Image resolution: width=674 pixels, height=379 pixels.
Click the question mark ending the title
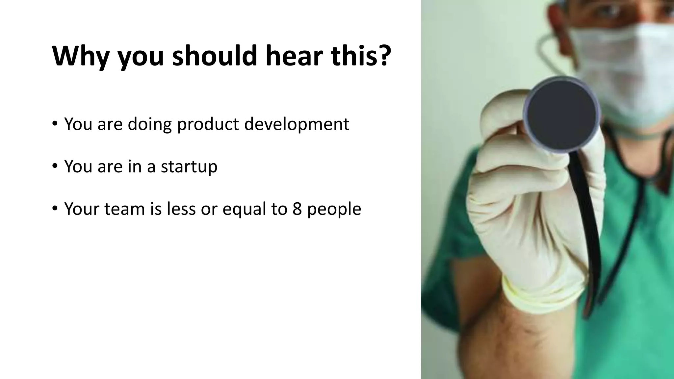tap(382, 55)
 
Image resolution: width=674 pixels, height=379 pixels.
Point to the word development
tap(297, 125)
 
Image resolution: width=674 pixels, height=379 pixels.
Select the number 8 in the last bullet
tap(297, 209)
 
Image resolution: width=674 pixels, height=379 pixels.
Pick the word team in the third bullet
tap(124, 209)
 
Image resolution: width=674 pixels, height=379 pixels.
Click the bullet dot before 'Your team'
tap(55, 208)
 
